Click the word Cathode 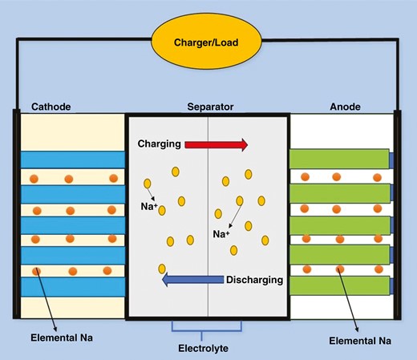click(x=52, y=106)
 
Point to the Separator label click(x=208, y=106)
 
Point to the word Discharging click(x=254, y=280)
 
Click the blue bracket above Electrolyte click(x=208, y=327)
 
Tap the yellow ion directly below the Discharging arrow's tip click(x=163, y=269)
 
